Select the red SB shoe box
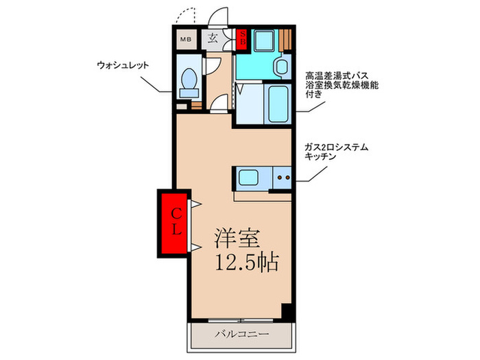(x=241, y=38)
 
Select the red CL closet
(x=176, y=221)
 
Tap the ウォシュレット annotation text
(x=123, y=66)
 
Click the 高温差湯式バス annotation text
(x=341, y=76)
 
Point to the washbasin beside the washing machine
(x=280, y=67)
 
